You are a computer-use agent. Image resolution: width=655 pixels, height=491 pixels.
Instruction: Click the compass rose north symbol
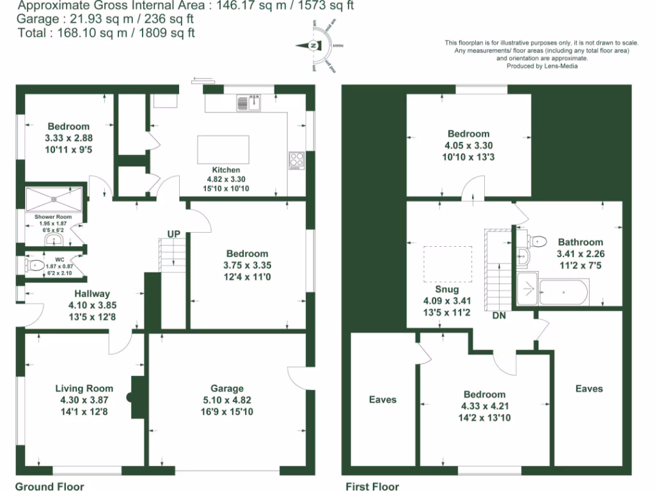click(313, 46)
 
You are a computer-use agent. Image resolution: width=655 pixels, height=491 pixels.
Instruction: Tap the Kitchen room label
click(226, 170)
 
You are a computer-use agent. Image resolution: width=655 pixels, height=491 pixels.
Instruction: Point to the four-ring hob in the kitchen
click(297, 159)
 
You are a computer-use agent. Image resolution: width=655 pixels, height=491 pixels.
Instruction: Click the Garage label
click(227, 389)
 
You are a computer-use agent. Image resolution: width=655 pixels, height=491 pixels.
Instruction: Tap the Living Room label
click(84, 389)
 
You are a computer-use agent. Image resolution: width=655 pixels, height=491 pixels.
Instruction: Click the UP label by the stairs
click(173, 234)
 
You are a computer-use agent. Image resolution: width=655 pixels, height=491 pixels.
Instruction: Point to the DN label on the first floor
click(499, 315)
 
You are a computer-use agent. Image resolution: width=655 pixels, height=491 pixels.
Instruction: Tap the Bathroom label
click(580, 242)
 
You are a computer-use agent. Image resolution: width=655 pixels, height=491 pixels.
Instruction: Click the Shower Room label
click(53, 217)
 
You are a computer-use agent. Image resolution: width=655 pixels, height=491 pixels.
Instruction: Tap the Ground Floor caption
click(49, 487)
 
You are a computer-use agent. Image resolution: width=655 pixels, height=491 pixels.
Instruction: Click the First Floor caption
click(372, 487)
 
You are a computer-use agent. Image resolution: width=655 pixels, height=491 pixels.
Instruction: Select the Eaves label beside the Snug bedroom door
click(383, 400)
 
